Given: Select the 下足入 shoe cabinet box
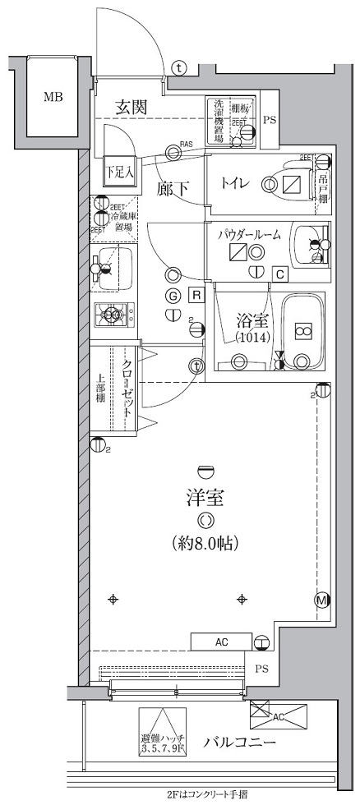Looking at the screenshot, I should pyautogui.click(x=118, y=172).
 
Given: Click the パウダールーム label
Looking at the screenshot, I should pyautogui.click(x=249, y=235).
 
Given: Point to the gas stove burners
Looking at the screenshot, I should pyautogui.click(x=114, y=313).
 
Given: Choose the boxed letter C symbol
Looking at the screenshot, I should pyautogui.click(x=279, y=274).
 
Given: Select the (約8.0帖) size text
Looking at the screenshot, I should pyautogui.click(x=205, y=543).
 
